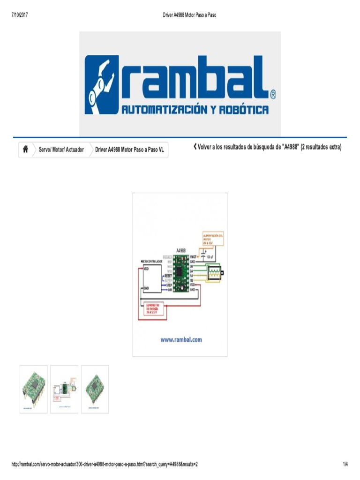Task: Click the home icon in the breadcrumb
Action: tap(25, 150)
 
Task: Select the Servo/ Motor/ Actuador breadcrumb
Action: tap(61, 150)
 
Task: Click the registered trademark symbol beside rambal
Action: tap(273, 95)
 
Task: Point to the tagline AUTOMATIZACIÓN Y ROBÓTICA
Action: tap(195, 110)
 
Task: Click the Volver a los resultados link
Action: tap(268, 147)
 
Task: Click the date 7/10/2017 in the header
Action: tap(19, 15)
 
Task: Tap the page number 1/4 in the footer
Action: tap(345, 464)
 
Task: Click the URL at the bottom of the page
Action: tap(105, 464)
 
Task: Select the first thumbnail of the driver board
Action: tap(33, 389)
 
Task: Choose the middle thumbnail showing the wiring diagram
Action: tap(64, 389)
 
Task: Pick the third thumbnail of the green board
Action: tap(95, 389)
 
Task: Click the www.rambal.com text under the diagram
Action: tap(180, 340)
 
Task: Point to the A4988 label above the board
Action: tap(181, 250)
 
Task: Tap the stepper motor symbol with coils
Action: tap(214, 272)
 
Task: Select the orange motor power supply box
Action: tap(212, 239)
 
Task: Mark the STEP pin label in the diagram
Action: tap(168, 285)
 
